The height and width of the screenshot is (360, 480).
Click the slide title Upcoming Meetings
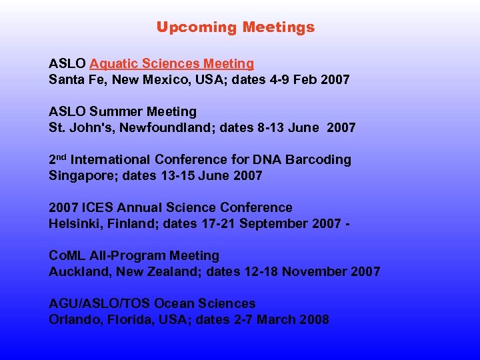click(235, 27)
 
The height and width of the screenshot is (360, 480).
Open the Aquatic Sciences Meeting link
click(171, 64)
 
